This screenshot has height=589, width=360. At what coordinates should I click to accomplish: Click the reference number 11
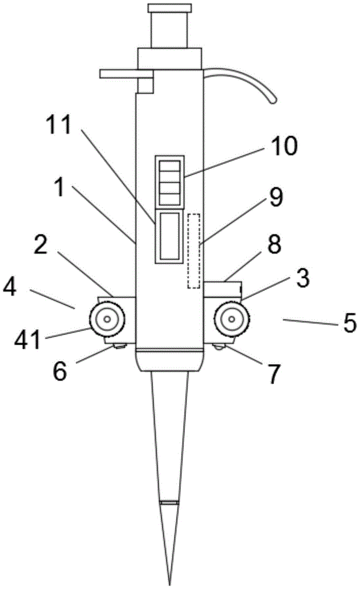58,124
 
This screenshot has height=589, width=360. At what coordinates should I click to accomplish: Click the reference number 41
28,340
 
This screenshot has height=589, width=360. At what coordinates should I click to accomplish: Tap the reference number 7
273,374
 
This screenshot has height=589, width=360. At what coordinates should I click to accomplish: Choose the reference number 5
350,323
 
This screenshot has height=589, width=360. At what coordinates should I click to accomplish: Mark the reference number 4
10,289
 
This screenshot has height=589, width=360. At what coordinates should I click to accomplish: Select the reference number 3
302,279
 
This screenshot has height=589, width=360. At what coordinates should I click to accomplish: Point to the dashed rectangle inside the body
193,251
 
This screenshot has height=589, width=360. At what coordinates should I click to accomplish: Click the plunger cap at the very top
170,8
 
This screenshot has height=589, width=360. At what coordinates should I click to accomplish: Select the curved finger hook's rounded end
273,100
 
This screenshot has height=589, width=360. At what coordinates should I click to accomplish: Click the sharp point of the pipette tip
170,585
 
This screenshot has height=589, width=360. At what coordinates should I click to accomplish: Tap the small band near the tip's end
170,502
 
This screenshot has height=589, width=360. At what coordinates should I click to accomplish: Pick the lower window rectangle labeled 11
170,236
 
